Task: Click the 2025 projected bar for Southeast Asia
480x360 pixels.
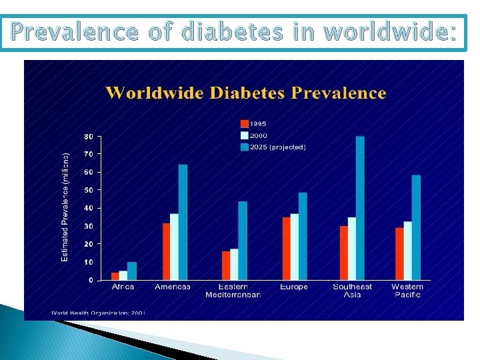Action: [360, 208]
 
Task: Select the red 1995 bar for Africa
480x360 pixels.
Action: [115, 276]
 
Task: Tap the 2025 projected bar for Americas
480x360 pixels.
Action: [183, 222]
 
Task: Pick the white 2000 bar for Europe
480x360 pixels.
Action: [294, 247]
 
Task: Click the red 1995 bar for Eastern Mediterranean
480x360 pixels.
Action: [225, 265]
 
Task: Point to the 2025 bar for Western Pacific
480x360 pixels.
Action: [416, 227]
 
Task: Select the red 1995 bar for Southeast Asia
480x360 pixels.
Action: [343, 253]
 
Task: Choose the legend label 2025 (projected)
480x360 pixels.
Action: [278, 147]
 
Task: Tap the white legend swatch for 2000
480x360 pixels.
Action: [245, 135]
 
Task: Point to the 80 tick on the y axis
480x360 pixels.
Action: [88, 137]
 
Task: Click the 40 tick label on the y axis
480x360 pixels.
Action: [88, 209]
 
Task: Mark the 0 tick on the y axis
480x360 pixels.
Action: [91, 281]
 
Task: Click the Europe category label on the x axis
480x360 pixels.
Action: [294, 287]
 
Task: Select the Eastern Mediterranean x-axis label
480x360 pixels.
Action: [233, 291]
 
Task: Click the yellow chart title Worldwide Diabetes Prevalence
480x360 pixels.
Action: [245, 93]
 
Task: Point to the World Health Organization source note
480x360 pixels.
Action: [98, 312]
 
